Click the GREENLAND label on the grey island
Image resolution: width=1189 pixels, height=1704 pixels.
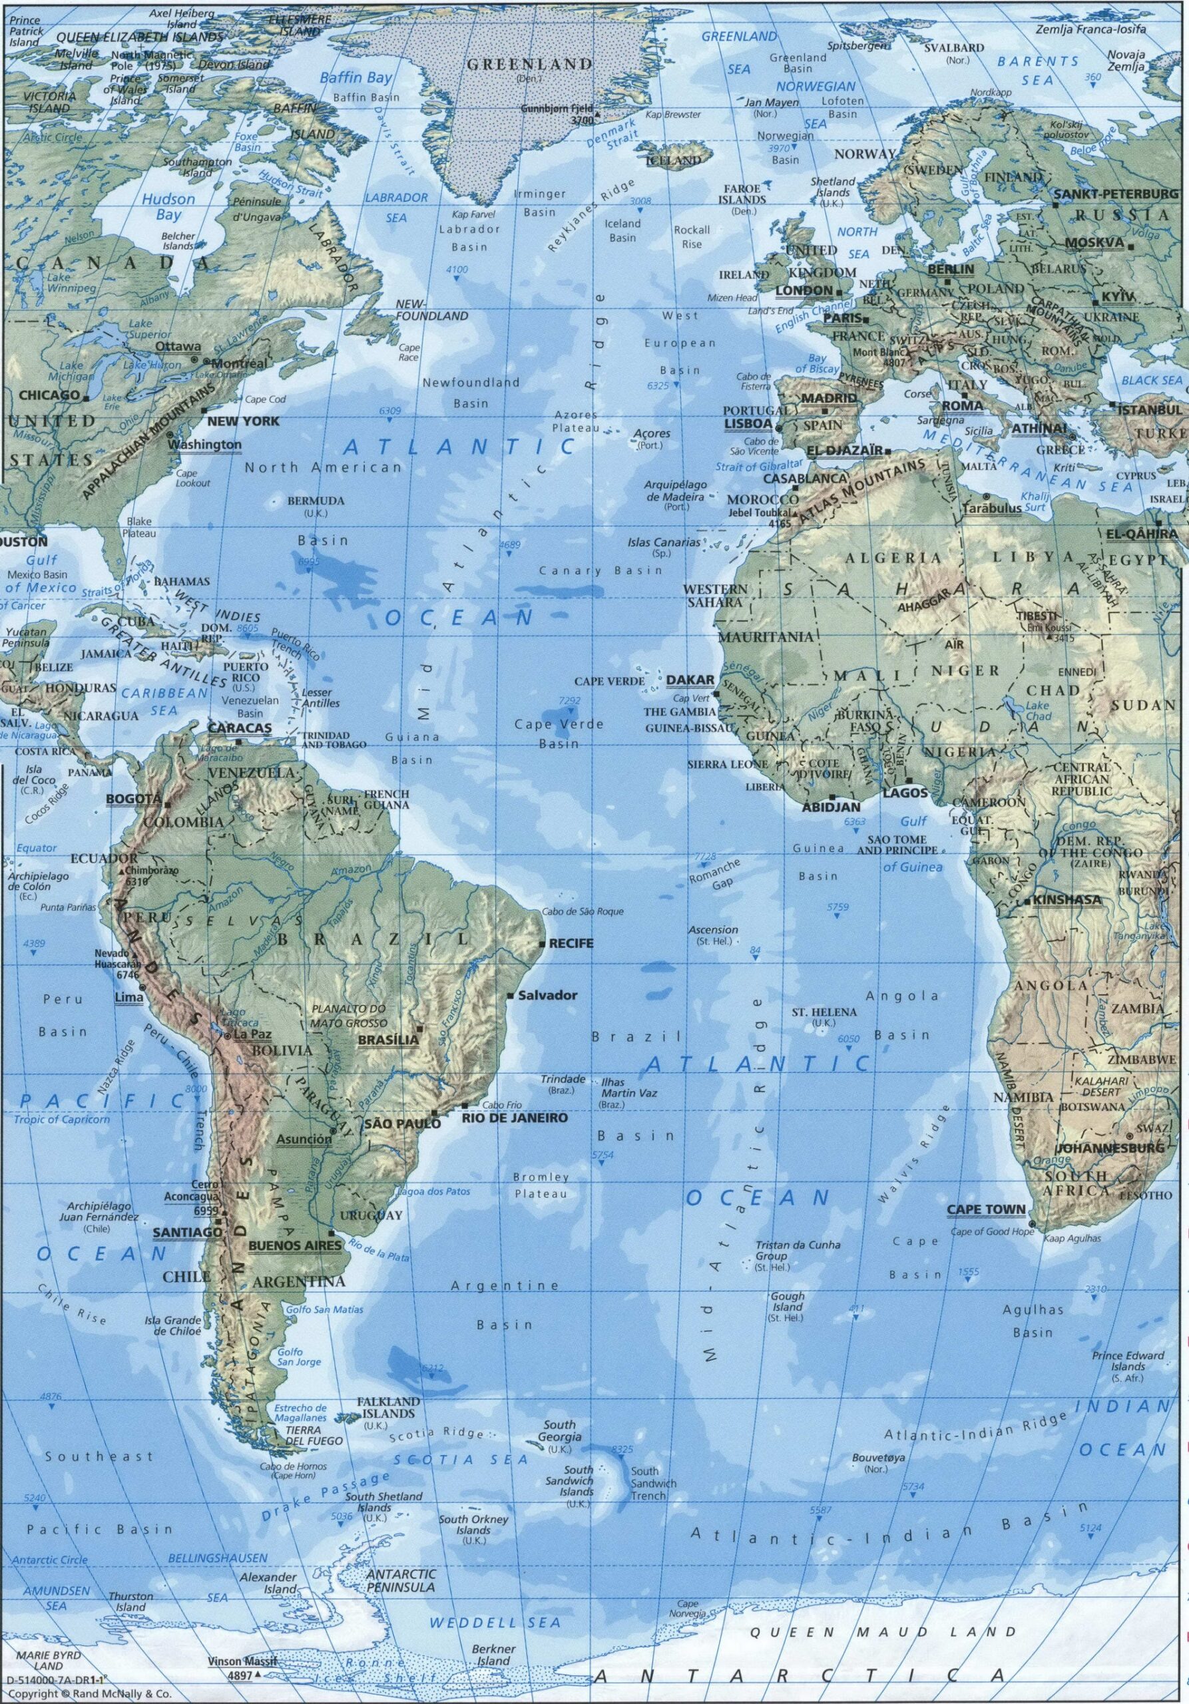coord(529,65)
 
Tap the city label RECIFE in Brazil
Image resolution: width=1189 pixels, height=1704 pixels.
coord(571,943)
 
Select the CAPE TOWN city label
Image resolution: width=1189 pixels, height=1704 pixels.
coord(986,1209)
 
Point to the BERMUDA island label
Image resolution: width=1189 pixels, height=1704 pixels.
coord(316,501)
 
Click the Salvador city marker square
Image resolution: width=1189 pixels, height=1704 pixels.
coord(511,995)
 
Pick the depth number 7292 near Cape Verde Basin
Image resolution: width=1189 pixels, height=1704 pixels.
coord(569,700)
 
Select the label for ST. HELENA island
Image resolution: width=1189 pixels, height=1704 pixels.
coord(824,1012)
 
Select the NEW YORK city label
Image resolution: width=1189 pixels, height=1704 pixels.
coord(244,421)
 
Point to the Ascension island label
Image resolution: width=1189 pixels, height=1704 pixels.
coord(712,930)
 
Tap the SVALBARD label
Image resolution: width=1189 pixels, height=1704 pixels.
coord(954,47)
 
